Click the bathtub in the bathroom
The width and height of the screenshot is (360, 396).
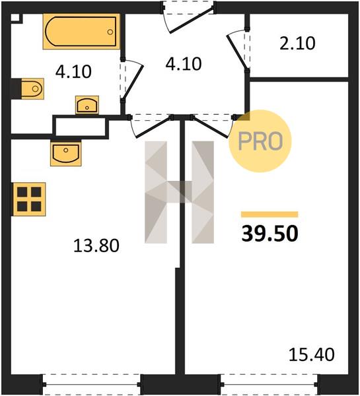tap(81, 32)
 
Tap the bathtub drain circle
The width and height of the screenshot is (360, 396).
tap(110, 32)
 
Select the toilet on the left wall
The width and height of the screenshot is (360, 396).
tap(32, 88)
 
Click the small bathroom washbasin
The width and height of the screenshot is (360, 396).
tap(87, 105)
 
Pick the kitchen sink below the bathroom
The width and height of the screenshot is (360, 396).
tap(66, 153)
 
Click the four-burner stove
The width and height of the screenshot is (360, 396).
tap(29, 199)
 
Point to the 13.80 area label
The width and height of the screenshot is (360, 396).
tap(96, 246)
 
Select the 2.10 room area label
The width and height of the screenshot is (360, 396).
tap(297, 43)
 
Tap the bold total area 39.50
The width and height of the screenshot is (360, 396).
tap(270, 234)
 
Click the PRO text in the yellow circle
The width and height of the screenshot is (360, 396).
tap(260, 141)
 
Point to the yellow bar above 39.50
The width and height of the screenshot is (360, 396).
tap(270, 214)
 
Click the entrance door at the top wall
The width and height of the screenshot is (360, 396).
tap(188, 17)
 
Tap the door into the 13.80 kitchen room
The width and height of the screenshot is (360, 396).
tap(151, 126)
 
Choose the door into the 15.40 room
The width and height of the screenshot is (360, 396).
tap(213, 126)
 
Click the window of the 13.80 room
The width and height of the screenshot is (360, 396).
tap(91, 384)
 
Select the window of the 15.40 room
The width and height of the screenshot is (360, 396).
tap(270, 384)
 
